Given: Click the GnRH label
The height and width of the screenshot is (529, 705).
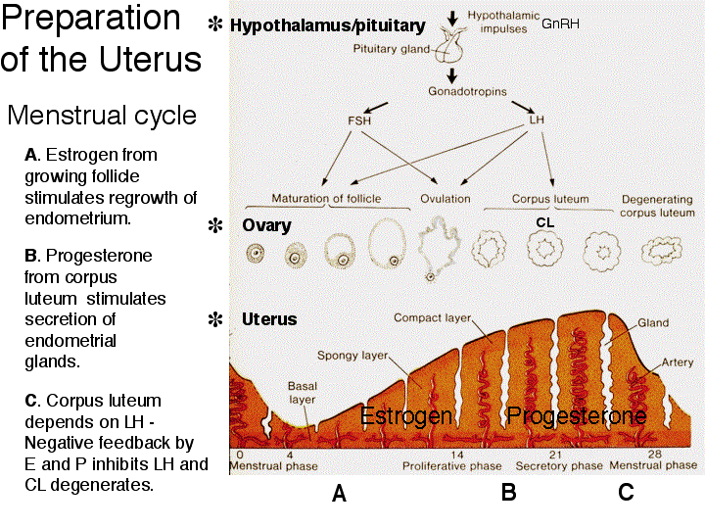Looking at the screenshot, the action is pos(560,24).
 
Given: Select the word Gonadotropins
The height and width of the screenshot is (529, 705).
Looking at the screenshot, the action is pos(467,92).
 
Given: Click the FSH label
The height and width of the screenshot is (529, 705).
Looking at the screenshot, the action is pos(359,120).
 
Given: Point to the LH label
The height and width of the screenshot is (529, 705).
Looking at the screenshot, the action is pos(537,120).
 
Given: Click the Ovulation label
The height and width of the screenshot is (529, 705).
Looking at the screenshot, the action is pos(446,199).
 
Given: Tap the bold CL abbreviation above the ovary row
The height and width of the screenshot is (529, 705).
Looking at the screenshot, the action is pos(545,222).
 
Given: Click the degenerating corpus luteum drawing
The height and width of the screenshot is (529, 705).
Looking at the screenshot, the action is pos(661,250).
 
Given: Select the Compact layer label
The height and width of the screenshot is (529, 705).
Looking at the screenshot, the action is pos(432,318).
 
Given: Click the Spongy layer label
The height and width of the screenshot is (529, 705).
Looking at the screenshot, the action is pos(352,356).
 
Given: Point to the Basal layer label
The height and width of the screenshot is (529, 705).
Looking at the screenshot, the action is pos(303,393).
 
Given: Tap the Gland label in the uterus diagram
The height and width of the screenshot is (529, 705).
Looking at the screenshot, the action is pos(653,323).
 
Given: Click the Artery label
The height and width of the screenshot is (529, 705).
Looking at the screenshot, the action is pos(678,362).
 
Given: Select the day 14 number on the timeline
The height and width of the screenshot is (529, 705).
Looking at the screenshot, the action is pos(457,455).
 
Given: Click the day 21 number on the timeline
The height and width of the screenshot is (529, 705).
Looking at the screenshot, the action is pos(555,455).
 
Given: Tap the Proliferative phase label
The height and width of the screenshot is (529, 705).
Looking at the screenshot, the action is pos(451,466).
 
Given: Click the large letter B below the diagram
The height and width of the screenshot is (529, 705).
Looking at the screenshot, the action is pos(509,493).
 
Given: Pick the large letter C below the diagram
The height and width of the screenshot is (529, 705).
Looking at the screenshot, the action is pos(626,493).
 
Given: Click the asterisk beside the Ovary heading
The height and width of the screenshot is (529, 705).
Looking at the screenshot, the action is pos(215,225).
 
